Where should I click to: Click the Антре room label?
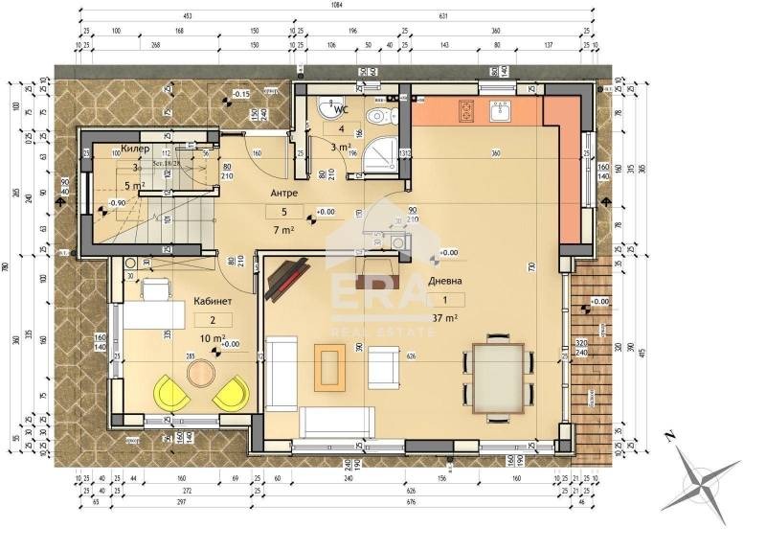coord(282,193)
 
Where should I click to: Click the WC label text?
coord(340,108)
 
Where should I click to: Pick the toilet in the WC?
coord(382,117)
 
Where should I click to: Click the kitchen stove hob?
coord(466,112)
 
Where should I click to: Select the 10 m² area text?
coord(212,338)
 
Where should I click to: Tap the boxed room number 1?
coord(445,299)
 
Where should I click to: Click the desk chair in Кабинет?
coord(156,287)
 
